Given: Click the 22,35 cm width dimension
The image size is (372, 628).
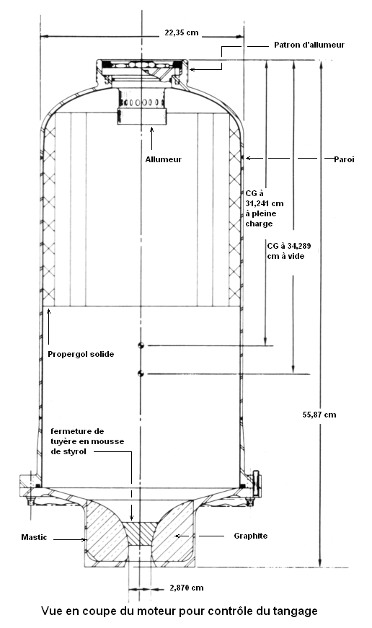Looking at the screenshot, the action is (182, 33).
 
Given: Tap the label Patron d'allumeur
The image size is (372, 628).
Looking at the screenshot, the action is (309, 45).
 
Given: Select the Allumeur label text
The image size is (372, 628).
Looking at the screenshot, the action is (164, 159).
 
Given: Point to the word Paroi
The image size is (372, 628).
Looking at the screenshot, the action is (345, 159).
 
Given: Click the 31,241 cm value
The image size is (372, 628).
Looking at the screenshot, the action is (265, 203).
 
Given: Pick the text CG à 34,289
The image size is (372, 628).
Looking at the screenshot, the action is (288, 246).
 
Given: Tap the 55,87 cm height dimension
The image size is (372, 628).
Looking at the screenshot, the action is (319, 415).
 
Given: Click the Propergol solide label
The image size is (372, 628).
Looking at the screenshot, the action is (81, 354).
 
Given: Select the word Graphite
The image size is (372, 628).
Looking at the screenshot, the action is (251, 536).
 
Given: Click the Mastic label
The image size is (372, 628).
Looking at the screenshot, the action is (34, 537).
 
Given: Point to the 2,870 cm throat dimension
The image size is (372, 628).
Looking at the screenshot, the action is (187, 588).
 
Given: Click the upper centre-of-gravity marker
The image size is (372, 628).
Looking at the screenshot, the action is (141, 345).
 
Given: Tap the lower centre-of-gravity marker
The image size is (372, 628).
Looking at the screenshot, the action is (141, 373).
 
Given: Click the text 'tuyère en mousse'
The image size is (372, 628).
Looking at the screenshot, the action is (87, 441).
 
